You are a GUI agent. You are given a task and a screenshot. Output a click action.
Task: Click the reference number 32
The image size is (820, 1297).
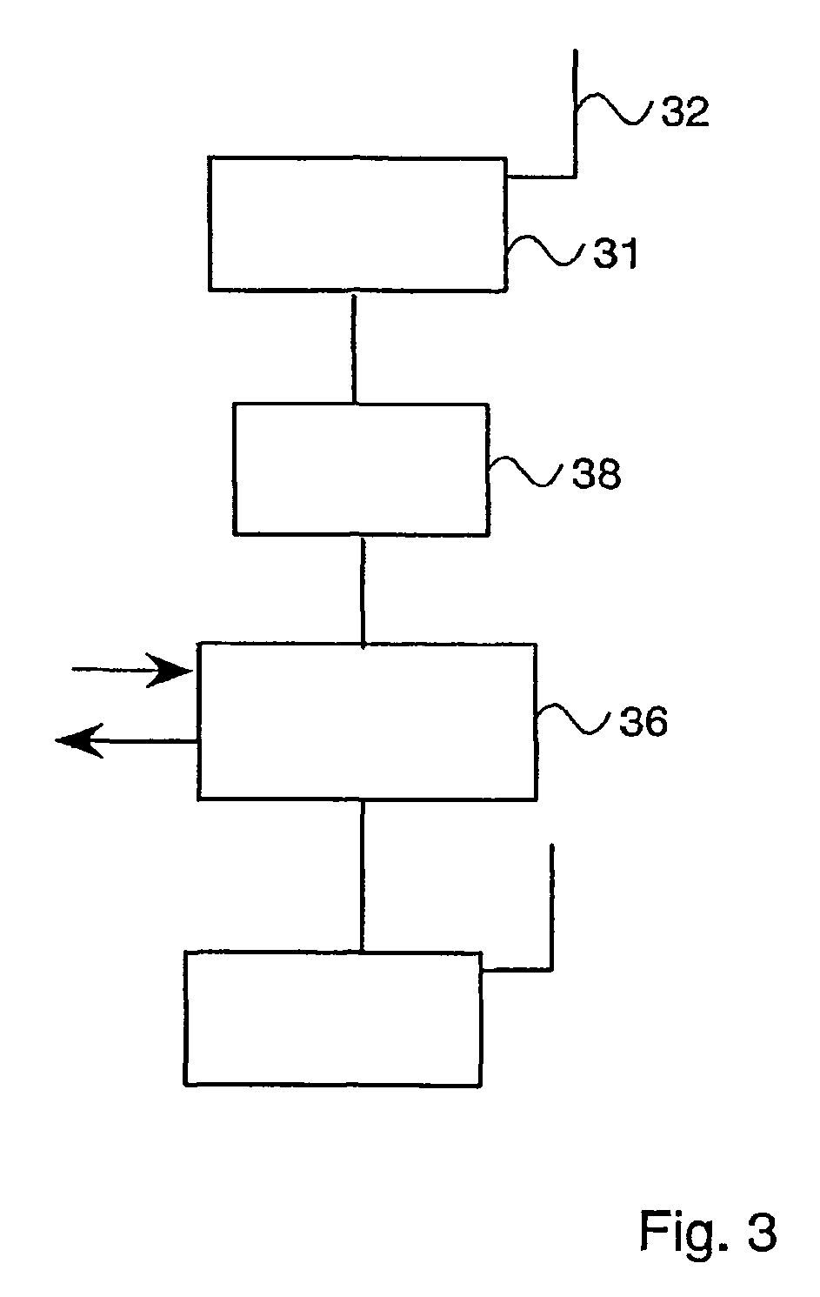pyautogui.click(x=685, y=113)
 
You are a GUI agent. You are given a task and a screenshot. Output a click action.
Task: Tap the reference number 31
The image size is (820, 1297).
pyautogui.click(x=615, y=254)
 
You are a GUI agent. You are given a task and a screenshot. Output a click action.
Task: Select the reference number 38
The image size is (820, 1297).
pyautogui.click(x=596, y=474)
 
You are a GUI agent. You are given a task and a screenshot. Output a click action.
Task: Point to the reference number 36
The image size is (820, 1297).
pyautogui.click(x=643, y=722)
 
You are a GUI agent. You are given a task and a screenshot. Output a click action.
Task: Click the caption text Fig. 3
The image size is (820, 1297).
pyautogui.click(x=707, y=1232)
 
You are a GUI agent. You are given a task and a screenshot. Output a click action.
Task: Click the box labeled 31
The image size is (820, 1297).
pyautogui.click(x=357, y=224)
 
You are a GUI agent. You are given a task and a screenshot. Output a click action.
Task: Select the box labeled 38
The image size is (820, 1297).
pyautogui.click(x=360, y=469)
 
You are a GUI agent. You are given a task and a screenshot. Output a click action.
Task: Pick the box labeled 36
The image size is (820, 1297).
pyautogui.click(x=366, y=721)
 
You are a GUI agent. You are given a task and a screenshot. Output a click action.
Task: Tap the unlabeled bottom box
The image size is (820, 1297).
pyautogui.click(x=332, y=1018)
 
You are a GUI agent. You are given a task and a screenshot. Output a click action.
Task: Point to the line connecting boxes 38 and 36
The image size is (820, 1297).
pyautogui.click(x=363, y=589)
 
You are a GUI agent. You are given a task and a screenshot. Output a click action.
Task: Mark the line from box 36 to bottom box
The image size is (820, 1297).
pyautogui.click(x=363, y=874)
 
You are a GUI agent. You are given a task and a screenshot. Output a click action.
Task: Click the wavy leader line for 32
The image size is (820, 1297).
pyautogui.click(x=612, y=110)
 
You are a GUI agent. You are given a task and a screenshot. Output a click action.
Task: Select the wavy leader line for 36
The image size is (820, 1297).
pyautogui.click(x=574, y=719)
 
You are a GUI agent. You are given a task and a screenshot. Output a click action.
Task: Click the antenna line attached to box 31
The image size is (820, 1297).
pyautogui.click(x=574, y=104)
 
